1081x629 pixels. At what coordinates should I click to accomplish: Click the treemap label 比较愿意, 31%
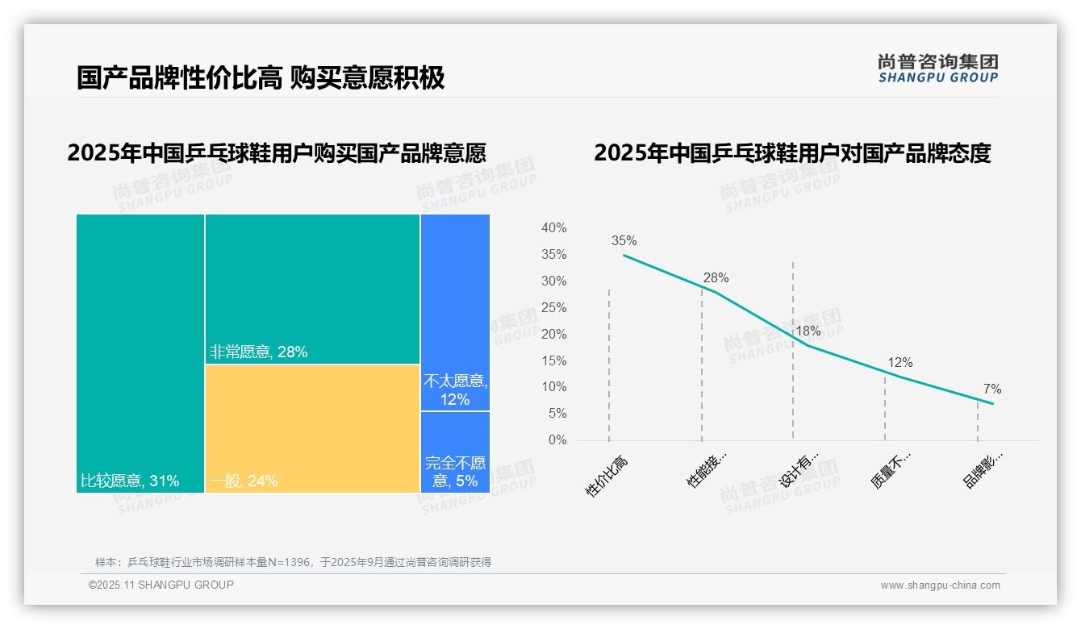130,481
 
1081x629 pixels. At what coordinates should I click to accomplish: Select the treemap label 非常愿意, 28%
258,352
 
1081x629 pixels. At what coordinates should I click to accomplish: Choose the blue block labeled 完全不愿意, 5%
455,452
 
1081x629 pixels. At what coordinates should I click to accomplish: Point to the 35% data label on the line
624,240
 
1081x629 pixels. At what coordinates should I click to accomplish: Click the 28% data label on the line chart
716,277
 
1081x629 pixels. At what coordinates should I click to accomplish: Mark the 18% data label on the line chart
808,331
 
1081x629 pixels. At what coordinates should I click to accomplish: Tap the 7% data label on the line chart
991,389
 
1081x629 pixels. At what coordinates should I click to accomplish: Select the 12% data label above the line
899,363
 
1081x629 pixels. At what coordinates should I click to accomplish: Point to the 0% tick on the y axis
557,440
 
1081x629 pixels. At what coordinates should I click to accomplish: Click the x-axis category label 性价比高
606,476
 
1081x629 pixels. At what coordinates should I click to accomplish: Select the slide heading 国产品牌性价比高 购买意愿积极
261,78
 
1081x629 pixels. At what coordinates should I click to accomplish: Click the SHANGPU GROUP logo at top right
937,69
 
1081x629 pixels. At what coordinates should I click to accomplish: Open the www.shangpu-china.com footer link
940,585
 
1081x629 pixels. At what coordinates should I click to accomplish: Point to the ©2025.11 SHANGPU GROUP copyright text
161,585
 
